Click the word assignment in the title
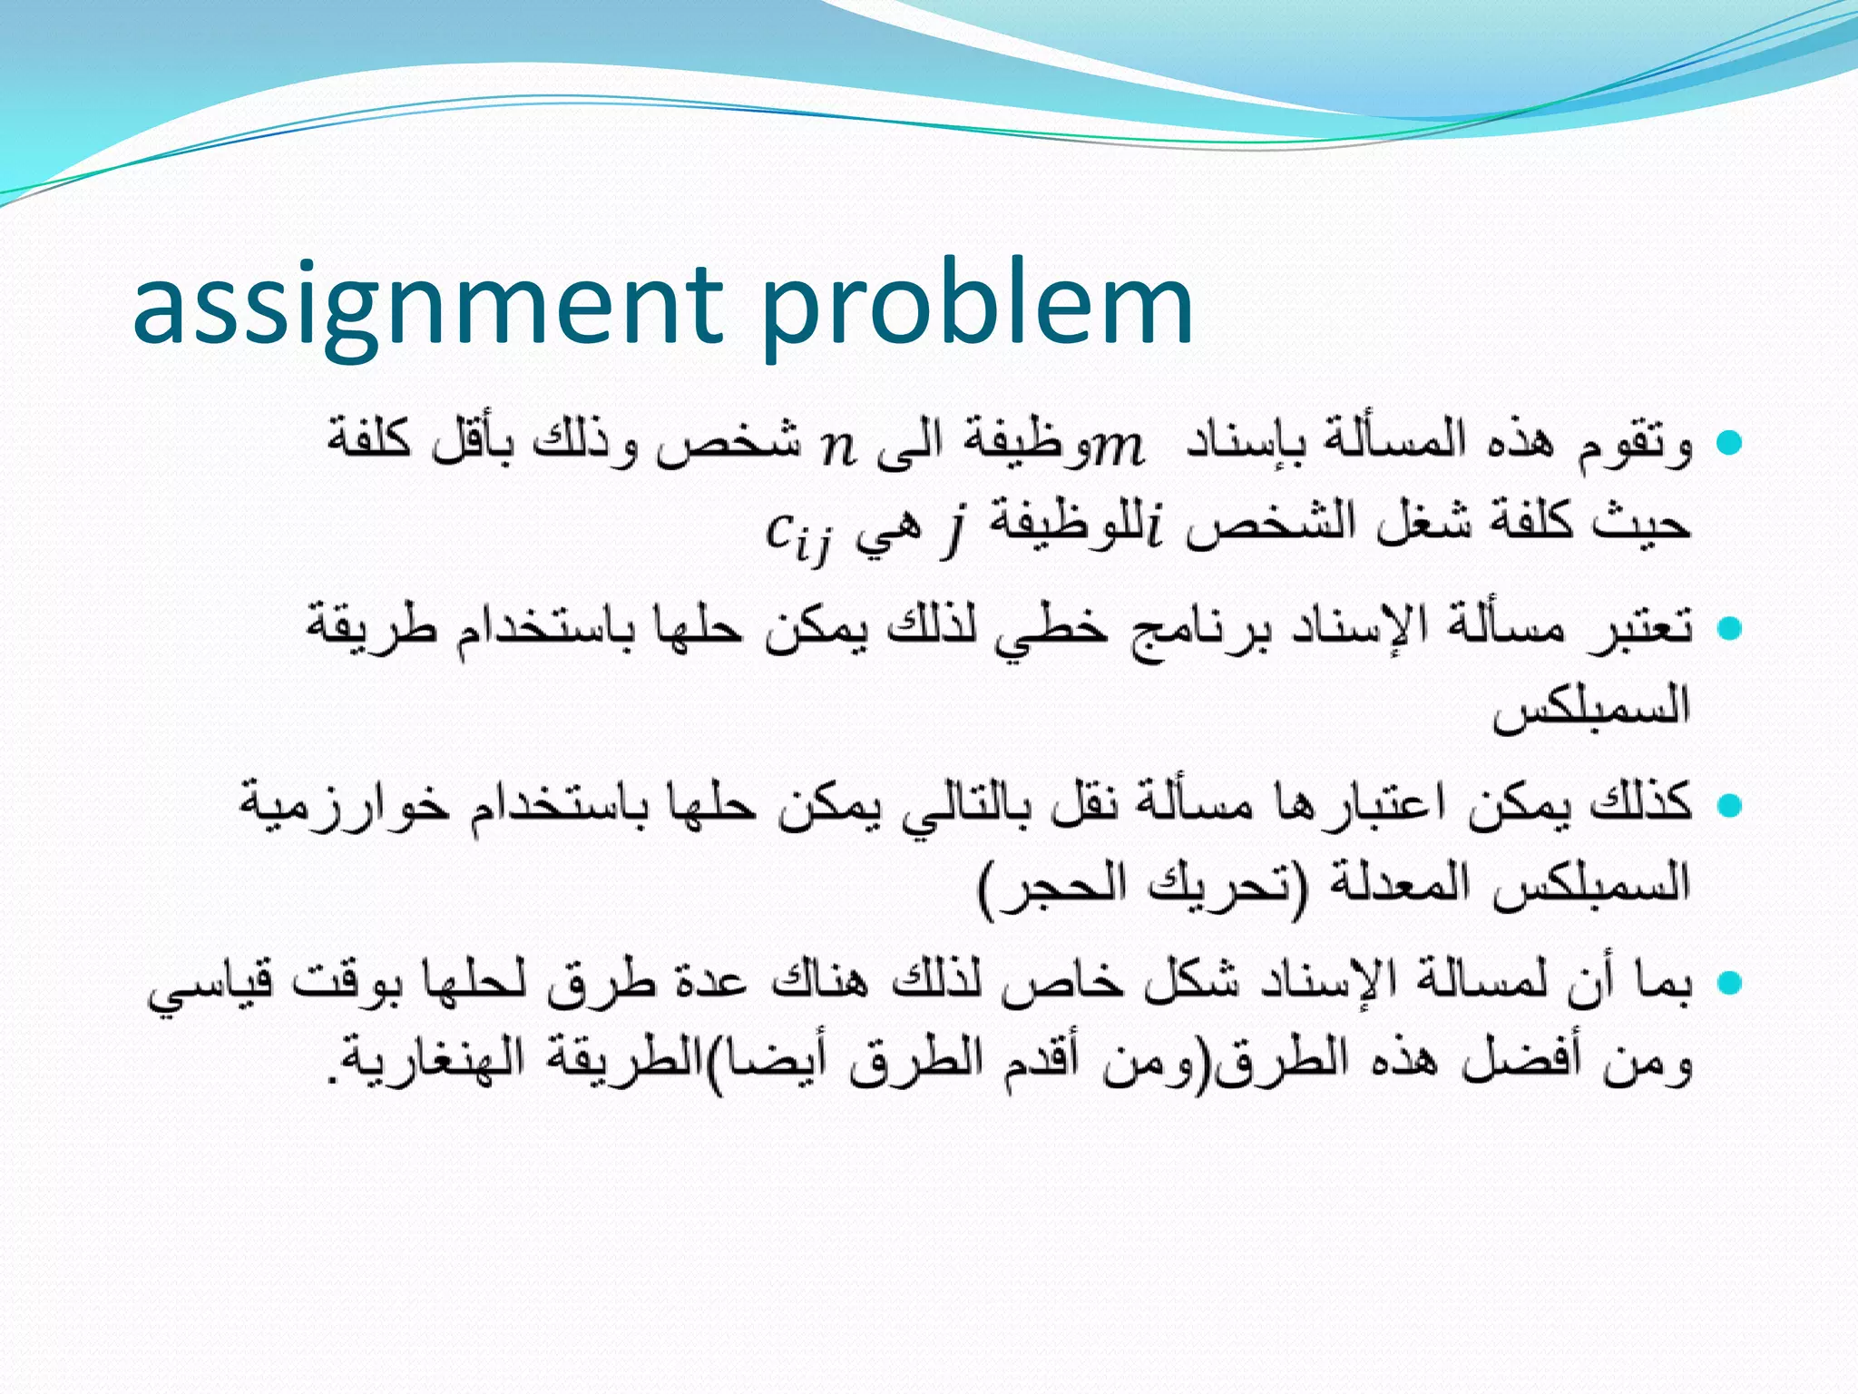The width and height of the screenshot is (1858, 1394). [x=427, y=307]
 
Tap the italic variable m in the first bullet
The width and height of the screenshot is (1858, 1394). [x=1118, y=447]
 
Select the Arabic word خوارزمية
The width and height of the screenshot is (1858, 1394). [x=345, y=804]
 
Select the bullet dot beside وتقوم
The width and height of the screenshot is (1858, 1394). [x=1729, y=443]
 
